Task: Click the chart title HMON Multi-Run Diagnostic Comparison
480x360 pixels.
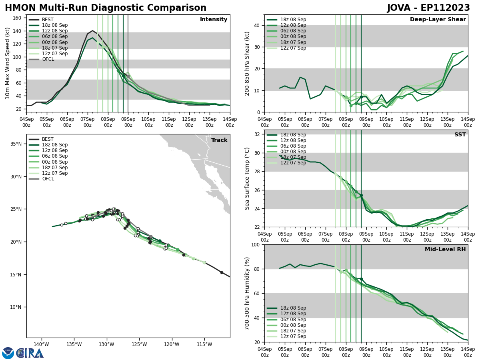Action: click(x=106, y=8)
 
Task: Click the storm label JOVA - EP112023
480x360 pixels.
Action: click(x=428, y=8)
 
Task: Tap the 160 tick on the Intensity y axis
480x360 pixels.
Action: click(x=18, y=18)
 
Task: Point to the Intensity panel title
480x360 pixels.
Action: click(x=214, y=20)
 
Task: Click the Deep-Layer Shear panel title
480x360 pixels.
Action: click(x=438, y=20)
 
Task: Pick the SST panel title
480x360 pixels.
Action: click(x=460, y=135)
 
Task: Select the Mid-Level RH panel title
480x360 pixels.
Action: click(x=445, y=250)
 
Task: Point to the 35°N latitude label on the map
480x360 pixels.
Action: click(x=16, y=144)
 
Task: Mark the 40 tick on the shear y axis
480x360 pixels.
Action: click(x=256, y=25)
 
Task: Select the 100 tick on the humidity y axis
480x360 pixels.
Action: click(x=255, y=245)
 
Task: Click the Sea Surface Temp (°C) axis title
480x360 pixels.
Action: click(x=247, y=178)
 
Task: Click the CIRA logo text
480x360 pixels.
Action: click(x=30, y=353)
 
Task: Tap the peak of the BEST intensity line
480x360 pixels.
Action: click(x=92, y=30)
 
